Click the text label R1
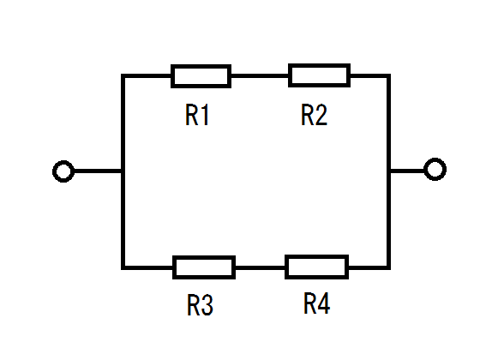(x=197, y=115)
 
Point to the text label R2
(x=314, y=115)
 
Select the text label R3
(x=200, y=305)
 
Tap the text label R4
(x=316, y=303)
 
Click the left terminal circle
(x=63, y=171)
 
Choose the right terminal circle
(x=435, y=169)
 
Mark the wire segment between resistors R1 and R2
(x=260, y=75)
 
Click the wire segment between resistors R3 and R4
(x=260, y=267)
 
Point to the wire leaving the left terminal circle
(x=98, y=171)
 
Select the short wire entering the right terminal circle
(x=407, y=171)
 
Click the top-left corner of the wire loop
(x=123, y=75)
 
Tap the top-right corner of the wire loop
(x=388, y=75)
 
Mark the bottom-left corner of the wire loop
(x=123, y=267)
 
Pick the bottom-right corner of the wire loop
(x=388, y=267)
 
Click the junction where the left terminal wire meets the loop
(x=123, y=171)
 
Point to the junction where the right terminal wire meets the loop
(x=388, y=171)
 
